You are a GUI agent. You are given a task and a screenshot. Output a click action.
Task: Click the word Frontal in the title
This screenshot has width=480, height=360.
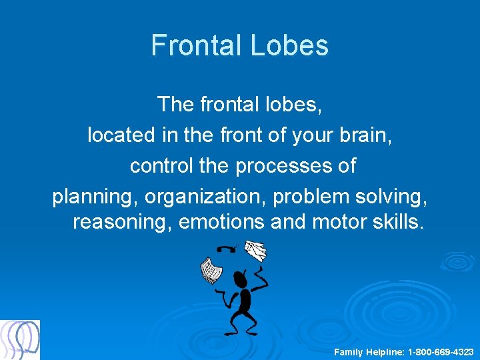(x=196, y=45)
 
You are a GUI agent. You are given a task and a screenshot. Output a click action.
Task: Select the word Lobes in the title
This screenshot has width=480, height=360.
(x=289, y=45)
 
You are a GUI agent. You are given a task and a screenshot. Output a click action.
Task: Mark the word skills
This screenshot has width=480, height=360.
(x=397, y=221)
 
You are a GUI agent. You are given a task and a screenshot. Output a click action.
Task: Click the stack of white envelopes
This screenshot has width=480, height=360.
(x=255, y=251)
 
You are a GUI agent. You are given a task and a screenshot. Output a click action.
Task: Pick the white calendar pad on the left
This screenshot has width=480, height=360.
(x=211, y=270)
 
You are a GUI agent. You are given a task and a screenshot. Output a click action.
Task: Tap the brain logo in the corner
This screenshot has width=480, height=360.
(x=20, y=339)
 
